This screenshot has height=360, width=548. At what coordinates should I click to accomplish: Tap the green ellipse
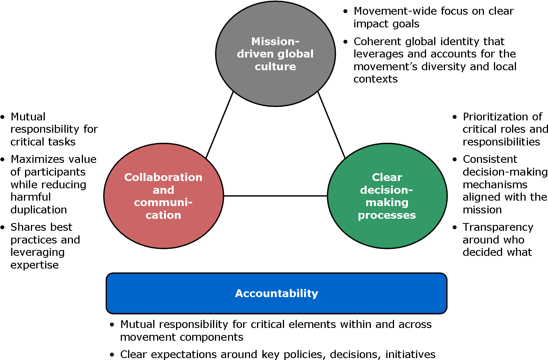coord(387,233)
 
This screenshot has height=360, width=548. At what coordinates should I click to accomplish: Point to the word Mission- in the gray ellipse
coord(275,41)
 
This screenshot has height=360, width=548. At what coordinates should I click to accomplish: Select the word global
coord(295,54)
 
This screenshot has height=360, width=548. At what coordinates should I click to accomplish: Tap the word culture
coord(275,67)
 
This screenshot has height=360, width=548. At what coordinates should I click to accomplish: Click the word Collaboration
coord(163,177)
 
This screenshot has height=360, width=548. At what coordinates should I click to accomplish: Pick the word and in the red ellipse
coord(163,190)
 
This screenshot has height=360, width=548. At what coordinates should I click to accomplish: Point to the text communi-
coord(163,203)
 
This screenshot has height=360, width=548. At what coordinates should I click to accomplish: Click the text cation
coord(163,215)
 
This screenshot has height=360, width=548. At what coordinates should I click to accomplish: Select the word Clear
coord(387,177)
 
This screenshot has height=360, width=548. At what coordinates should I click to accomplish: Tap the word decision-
coord(386,190)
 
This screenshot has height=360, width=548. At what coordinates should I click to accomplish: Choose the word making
coord(387,203)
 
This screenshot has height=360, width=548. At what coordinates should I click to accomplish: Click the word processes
coord(387,215)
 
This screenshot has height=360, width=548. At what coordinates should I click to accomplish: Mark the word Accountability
coord(277,293)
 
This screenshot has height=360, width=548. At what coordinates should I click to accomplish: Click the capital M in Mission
coord(256,41)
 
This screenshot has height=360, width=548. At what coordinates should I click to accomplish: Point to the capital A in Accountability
coord(239,293)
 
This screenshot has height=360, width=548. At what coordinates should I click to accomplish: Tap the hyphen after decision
coord(410,190)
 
